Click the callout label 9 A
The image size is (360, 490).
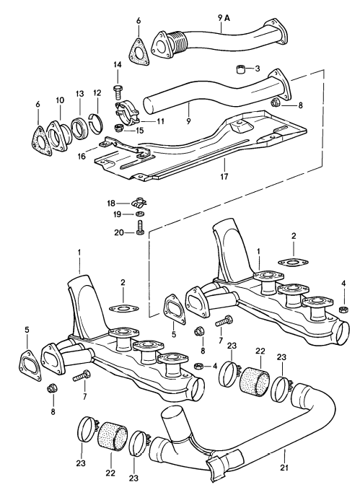click(224, 19)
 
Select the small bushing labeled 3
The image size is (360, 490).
click(240, 69)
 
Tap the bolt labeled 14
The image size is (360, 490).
click(118, 92)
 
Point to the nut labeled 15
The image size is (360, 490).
click(118, 128)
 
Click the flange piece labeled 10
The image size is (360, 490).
click(58, 136)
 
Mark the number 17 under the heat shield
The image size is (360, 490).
click(224, 177)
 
